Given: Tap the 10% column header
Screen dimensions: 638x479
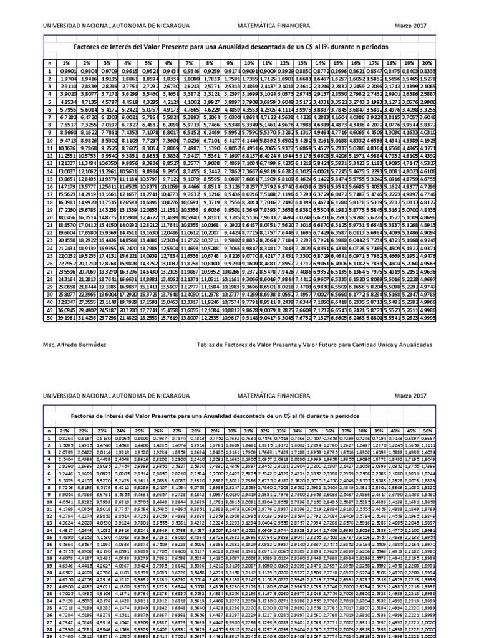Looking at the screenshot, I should pyautogui.click(x=250, y=64).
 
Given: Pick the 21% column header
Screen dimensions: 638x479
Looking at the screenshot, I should pyautogui.click(x=65, y=431).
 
